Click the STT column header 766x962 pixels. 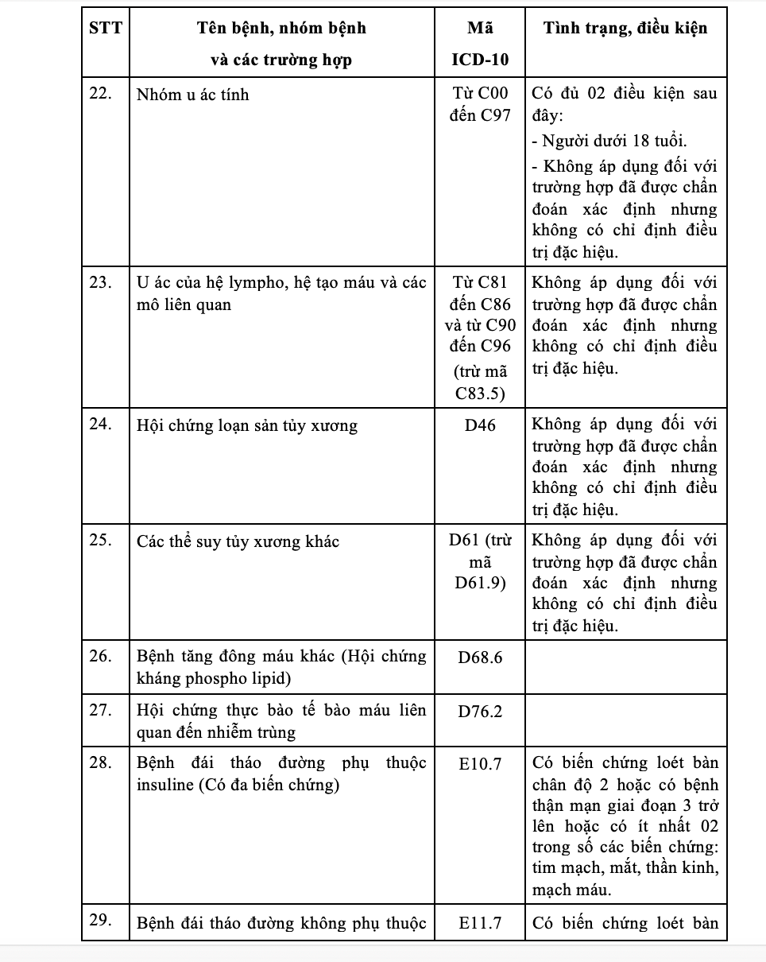[x=106, y=29]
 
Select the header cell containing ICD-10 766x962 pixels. [x=480, y=60]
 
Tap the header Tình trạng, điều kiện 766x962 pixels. [x=625, y=29]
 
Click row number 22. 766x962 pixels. [x=101, y=94]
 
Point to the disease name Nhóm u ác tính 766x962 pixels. [x=193, y=95]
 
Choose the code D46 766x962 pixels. [x=480, y=425]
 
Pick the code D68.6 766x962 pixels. [x=480, y=657]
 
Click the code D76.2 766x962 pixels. [x=480, y=711]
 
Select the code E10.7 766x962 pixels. [x=480, y=763]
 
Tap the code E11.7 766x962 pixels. [x=480, y=923]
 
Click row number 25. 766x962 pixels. [x=101, y=541]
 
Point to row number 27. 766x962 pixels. [x=101, y=710]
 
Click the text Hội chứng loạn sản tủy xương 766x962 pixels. [x=247, y=425]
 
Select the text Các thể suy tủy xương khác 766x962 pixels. [x=238, y=541]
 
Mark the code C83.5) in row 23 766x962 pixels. [x=480, y=393]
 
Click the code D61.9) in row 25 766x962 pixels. [x=480, y=584]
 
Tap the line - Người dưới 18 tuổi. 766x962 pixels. [x=610, y=142]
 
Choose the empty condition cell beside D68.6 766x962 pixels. [x=625, y=667]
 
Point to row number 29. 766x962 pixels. [x=101, y=921]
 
